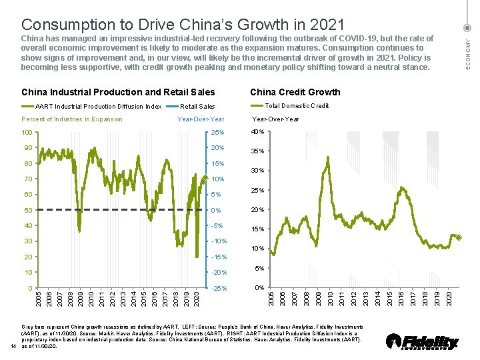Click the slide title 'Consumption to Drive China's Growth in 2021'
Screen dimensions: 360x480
point(183,25)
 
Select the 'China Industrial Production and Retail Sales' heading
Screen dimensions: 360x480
point(119,92)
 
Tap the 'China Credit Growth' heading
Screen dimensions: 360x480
point(295,92)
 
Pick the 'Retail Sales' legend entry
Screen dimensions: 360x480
point(197,106)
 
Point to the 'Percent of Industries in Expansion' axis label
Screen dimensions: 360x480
point(72,119)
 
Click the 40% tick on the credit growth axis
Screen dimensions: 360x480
point(257,131)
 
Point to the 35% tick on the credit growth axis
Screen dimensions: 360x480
point(257,151)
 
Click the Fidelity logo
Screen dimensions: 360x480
point(423,341)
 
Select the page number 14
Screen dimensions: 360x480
point(13,345)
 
